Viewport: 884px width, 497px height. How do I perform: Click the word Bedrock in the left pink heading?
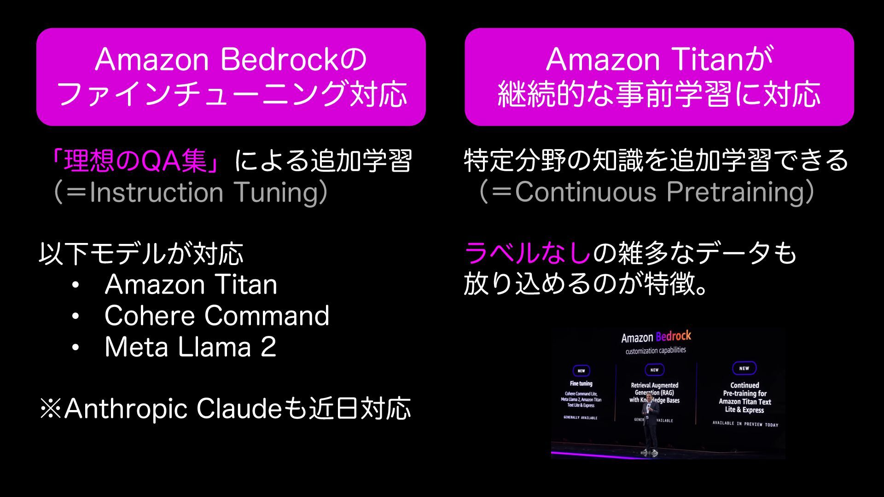click(279, 60)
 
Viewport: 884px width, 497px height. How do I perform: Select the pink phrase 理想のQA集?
click(135, 161)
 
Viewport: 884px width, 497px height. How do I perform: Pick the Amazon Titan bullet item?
click(191, 284)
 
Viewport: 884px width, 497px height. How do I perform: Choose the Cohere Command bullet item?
click(216, 316)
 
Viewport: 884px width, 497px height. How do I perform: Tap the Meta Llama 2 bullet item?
click(190, 347)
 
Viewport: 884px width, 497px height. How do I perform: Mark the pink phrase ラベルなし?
click(527, 253)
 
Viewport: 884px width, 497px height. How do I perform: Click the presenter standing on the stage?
click(651, 423)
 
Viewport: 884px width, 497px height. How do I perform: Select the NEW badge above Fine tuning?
click(581, 371)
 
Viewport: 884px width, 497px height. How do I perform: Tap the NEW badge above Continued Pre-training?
click(744, 368)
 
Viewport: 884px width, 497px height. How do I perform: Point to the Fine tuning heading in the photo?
click(581, 383)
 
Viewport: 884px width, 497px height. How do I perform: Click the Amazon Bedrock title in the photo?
click(656, 337)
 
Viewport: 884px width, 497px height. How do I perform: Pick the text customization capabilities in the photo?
click(656, 351)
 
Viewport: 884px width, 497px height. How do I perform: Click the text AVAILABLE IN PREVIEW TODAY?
click(745, 424)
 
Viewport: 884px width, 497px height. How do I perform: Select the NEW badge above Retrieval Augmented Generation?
click(654, 370)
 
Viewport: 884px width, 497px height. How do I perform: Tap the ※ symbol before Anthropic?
click(51, 409)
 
